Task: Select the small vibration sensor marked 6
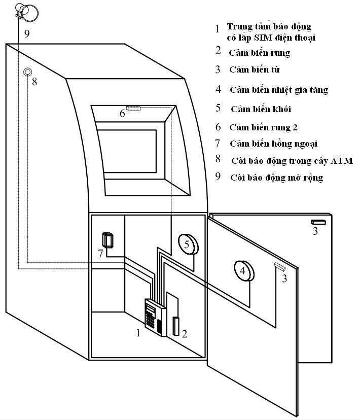click(x=133, y=108)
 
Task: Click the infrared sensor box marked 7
click(x=108, y=239)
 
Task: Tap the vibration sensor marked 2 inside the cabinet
click(x=176, y=326)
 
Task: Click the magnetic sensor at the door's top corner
click(x=319, y=222)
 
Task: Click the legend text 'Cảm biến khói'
click(x=261, y=109)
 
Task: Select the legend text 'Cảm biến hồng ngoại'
click(x=274, y=144)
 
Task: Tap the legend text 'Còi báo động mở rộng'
click(x=277, y=178)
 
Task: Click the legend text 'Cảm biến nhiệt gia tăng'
click(x=278, y=90)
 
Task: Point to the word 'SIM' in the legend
click(x=267, y=37)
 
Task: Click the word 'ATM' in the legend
click(x=341, y=161)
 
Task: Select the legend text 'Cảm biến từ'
click(x=255, y=69)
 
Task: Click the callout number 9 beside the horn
click(x=27, y=33)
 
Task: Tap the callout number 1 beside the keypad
click(x=137, y=333)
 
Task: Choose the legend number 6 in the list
click(x=218, y=127)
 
